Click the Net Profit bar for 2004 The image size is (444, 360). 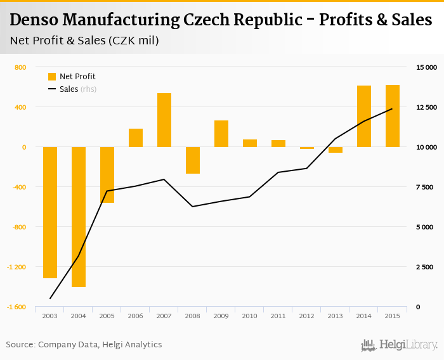(79, 217)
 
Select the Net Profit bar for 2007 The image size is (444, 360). (164, 120)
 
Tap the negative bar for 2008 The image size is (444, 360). (193, 160)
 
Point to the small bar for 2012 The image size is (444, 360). (307, 148)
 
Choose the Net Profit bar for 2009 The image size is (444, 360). (221, 134)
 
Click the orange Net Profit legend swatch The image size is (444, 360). (52, 77)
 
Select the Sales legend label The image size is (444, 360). (69, 89)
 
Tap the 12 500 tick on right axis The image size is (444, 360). (422, 107)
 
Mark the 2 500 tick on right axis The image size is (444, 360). (424, 267)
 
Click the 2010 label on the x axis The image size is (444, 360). (250, 316)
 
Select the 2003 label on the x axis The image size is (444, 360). (50, 316)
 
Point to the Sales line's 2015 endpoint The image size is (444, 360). (393, 108)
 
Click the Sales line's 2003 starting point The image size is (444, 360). (50, 299)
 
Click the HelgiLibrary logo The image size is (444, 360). (399, 345)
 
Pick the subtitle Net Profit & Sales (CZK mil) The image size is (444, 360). (84, 41)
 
